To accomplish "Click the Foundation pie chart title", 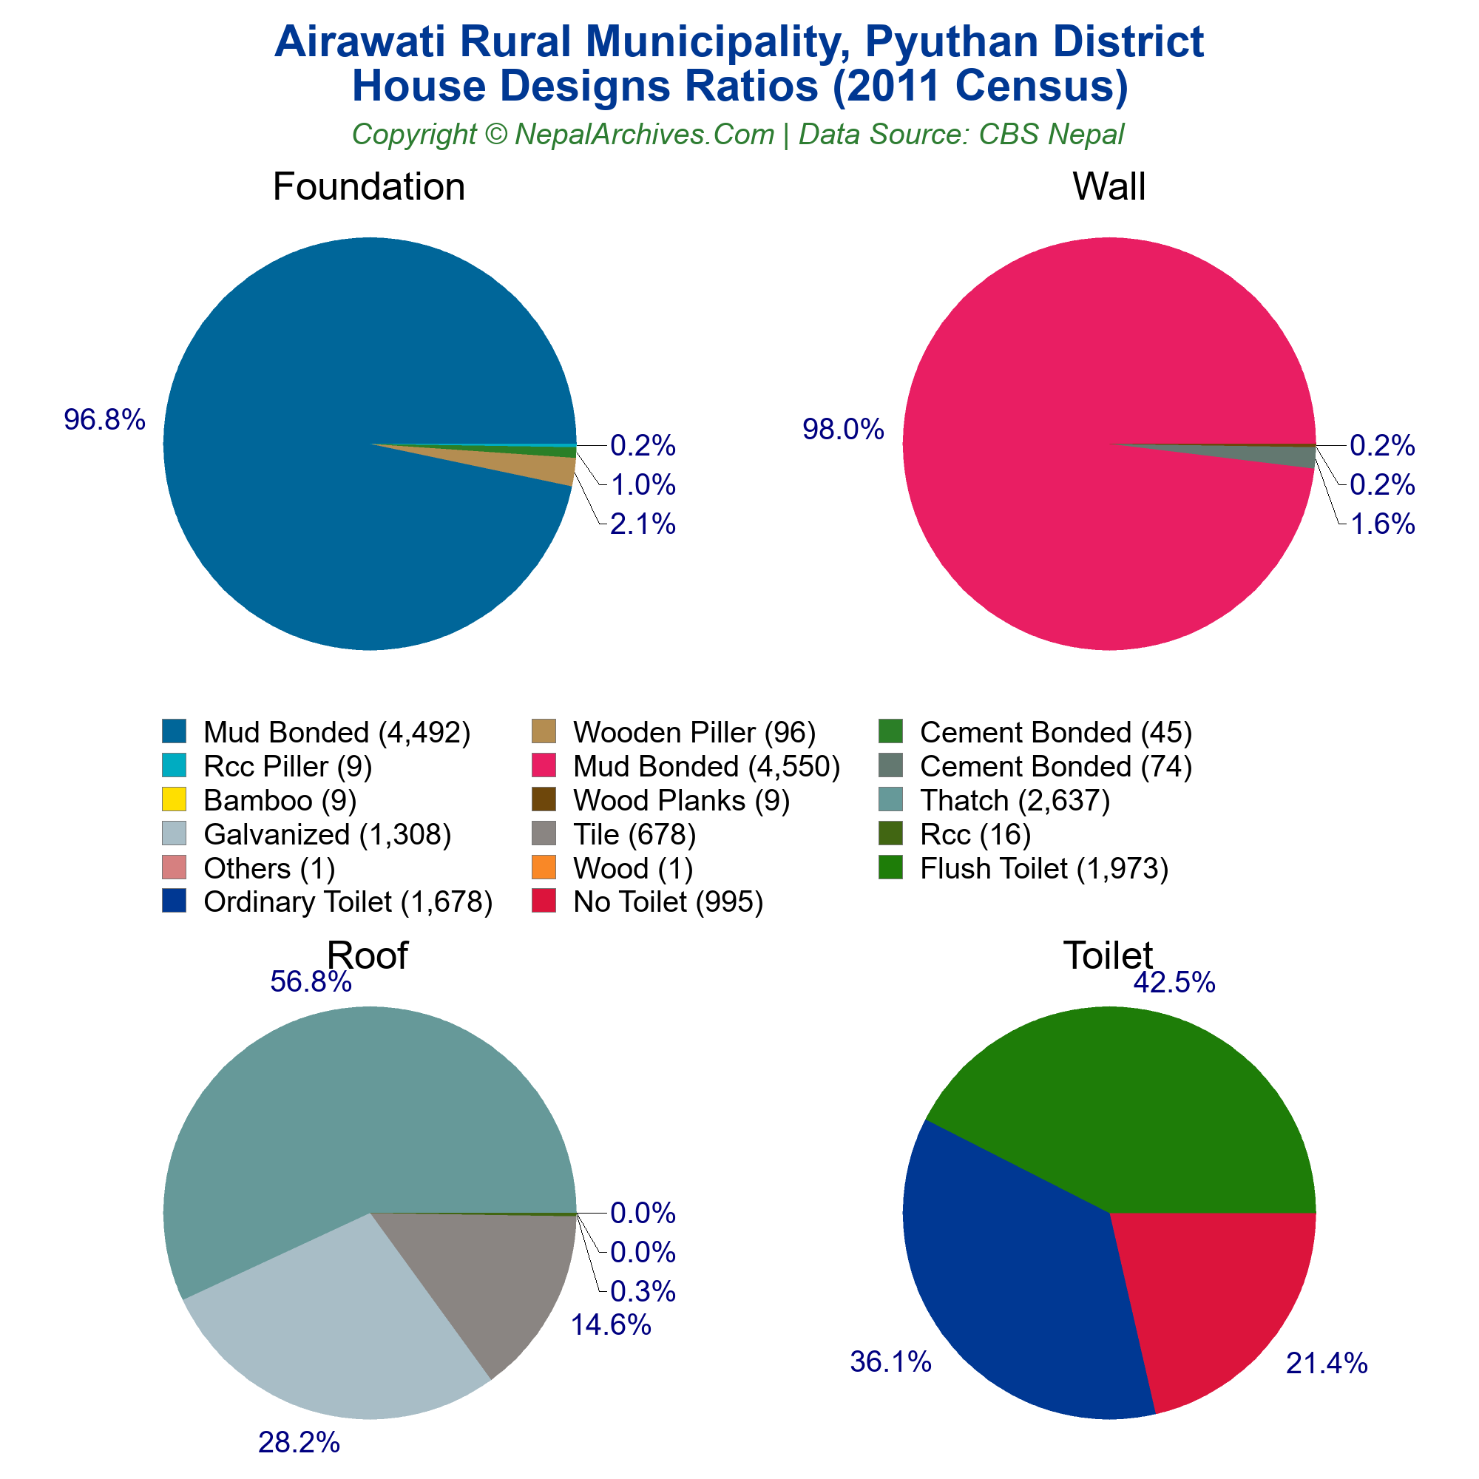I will pos(368,187).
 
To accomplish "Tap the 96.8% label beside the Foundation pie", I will pos(104,419).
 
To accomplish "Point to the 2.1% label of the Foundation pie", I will pos(643,524).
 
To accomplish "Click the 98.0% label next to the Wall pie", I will pos(843,430).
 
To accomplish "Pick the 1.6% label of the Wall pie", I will pos(1382,524).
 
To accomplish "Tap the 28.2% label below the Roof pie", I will pos(299,1443).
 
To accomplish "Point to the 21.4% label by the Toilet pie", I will pos(1327,1364).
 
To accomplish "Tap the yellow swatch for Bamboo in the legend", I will pos(174,799).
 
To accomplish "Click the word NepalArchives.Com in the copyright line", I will pos(644,134).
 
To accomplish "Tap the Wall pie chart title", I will pos(1109,187).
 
